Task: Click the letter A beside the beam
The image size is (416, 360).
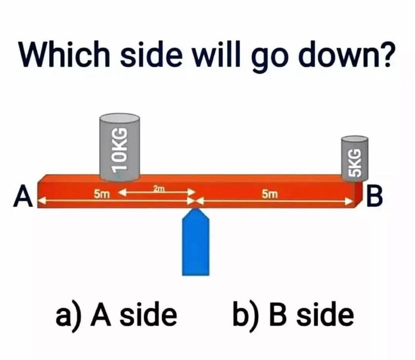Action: point(22,196)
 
